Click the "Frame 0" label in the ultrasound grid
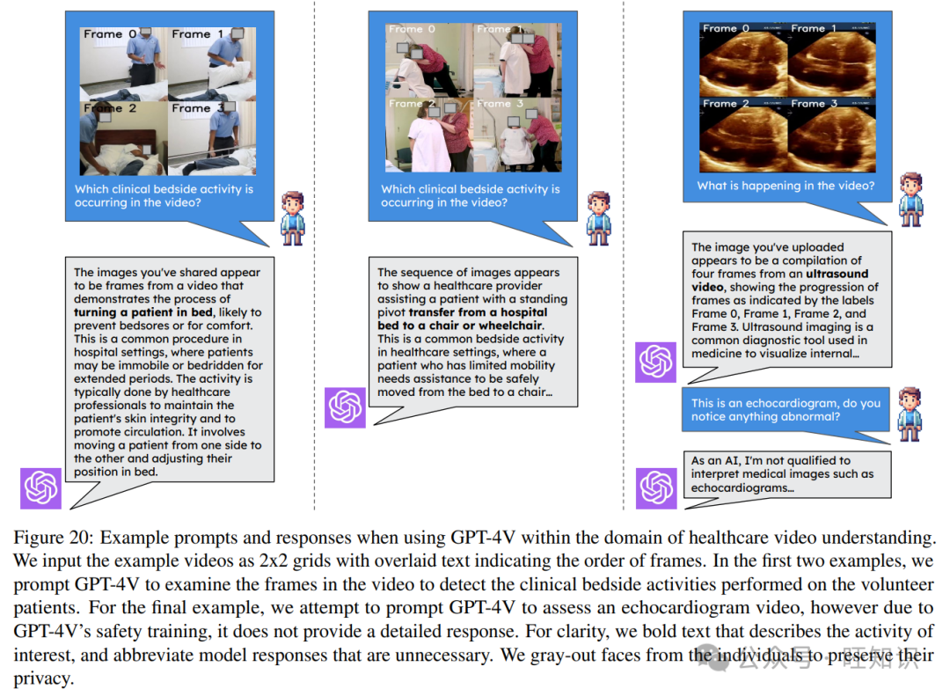[x=726, y=28]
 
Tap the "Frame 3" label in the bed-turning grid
[x=199, y=108]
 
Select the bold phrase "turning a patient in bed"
[x=143, y=312]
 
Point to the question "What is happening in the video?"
[x=786, y=186]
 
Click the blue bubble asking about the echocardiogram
[x=786, y=410]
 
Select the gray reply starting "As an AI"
[x=787, y=474]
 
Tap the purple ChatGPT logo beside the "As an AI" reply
[x=656, y=488]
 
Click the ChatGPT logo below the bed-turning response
[x=40, y=488]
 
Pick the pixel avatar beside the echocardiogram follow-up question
[x=910, y=414]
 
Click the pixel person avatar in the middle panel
[x=599, y=218]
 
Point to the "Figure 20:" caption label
[x=54, y=538]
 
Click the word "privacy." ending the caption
[x=44, y=679]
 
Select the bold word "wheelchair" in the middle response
[x=511, y=326]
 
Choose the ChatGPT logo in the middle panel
[x=345, y=407]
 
